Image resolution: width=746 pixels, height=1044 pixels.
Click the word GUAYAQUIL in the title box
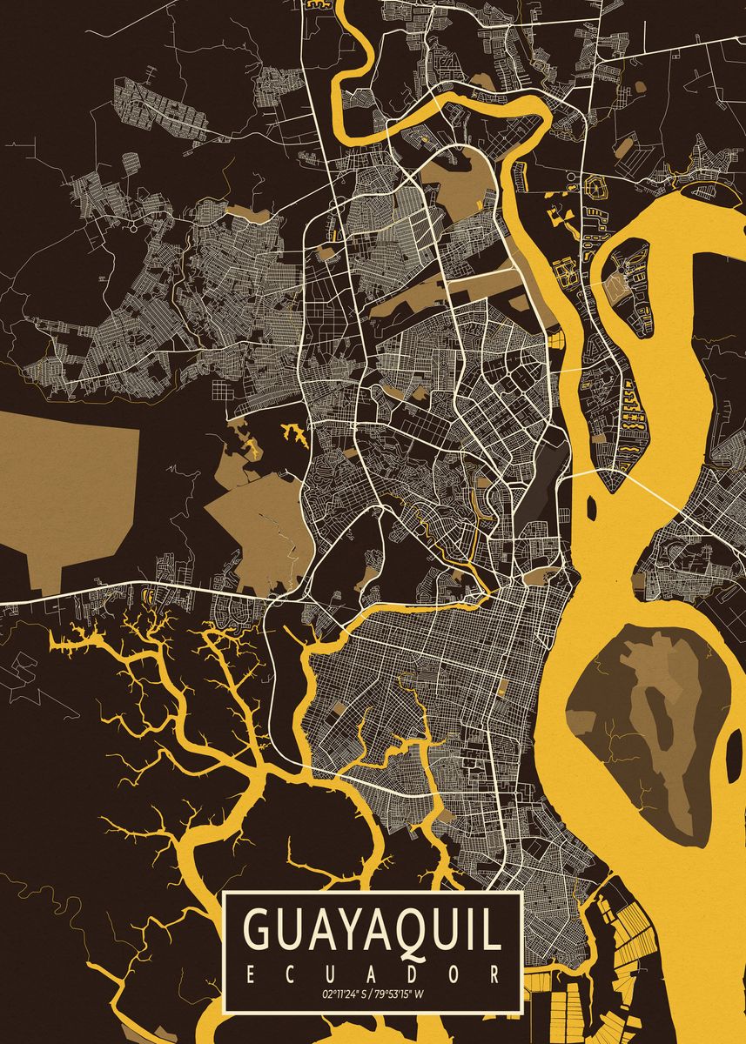(x=373, y=931)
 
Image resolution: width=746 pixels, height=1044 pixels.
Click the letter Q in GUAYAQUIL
(x=419, y=931)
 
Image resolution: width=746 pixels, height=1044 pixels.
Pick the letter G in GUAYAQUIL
(x=259, y=931)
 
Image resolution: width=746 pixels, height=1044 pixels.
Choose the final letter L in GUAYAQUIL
(x=494, y=931)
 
